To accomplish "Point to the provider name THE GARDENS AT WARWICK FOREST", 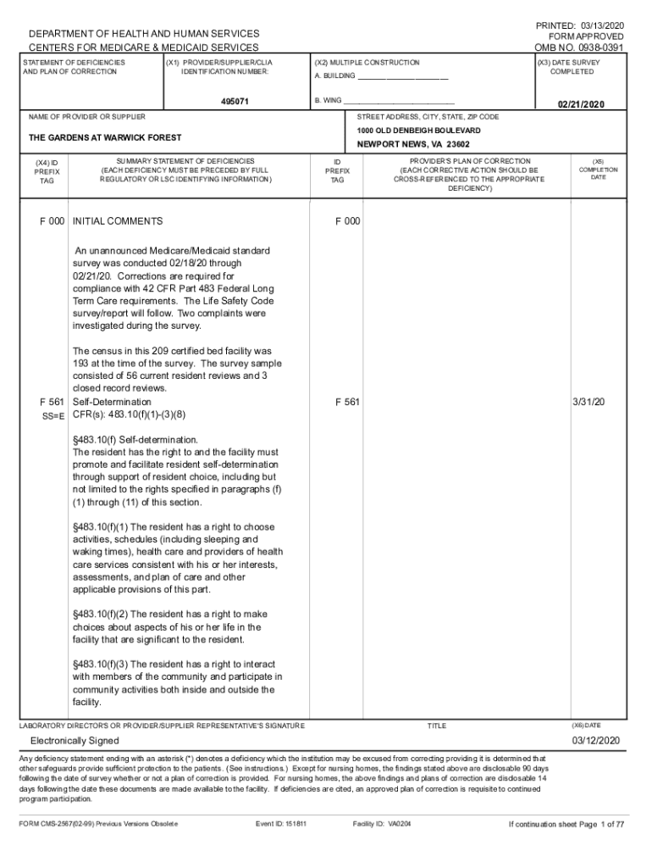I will click(105, 137).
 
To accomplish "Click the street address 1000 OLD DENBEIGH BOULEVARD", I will click(418, 131).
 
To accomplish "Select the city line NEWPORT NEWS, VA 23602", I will click(412, 145).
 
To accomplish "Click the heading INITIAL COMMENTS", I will click(118, 221).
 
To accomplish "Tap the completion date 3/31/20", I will click(588, 401).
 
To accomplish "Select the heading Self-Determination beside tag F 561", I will click(112, 401).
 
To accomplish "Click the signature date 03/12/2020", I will click(595, 740).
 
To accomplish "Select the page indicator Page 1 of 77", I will click(602, 823).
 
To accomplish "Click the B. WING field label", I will click(329, 100).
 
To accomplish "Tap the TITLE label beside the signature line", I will click(436, 726).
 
